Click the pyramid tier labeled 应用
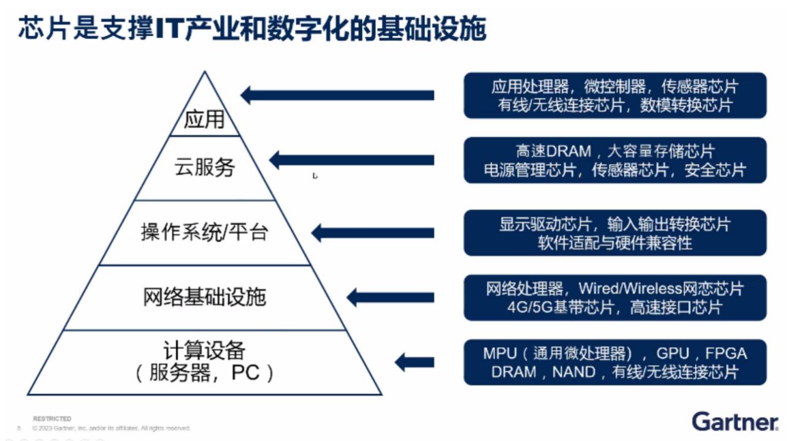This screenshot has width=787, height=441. click(205, 118)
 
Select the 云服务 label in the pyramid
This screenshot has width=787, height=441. click(205, 167)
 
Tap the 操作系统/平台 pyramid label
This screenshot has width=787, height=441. click(204, 233)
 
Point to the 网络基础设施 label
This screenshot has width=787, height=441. click(204, 298)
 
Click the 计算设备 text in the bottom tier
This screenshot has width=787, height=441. click(204, 351)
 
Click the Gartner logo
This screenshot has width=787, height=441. click(735, 421)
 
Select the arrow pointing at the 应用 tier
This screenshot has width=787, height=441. click(337, 95)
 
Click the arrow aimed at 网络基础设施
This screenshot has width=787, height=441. click(390, 298)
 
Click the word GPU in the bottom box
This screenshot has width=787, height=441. click(674, 353)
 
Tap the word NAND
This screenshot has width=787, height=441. click(574, 372)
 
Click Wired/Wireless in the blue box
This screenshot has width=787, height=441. click(631, 288)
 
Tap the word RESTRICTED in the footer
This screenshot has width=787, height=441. click(52, 419)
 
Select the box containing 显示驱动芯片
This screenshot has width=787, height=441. click(615, 233)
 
